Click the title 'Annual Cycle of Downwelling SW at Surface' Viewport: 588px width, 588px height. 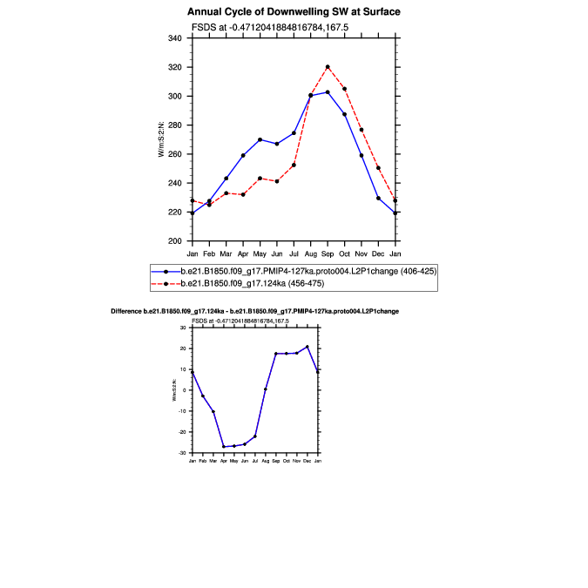point(294,12)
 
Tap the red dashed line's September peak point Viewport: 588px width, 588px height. point(328,67)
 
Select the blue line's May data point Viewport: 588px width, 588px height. point(260,139)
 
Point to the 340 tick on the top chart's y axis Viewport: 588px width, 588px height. point(175,38)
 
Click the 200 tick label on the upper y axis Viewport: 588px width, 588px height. point(175,240)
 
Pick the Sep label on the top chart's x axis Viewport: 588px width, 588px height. point(328,253)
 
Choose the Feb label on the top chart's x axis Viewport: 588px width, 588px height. point(209,253)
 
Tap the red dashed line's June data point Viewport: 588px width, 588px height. point(277,181)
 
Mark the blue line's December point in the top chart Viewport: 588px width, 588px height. point(378,198)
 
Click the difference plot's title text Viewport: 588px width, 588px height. point(255,311)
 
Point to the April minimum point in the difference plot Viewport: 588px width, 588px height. point(224,447)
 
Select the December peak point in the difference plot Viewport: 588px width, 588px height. point(308,347)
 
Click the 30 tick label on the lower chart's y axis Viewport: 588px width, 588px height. point(185,328)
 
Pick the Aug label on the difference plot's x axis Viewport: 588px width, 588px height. point(266,459)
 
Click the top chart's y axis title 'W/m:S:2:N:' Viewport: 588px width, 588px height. point(161,139)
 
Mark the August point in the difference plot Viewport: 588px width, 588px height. point(266,389)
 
